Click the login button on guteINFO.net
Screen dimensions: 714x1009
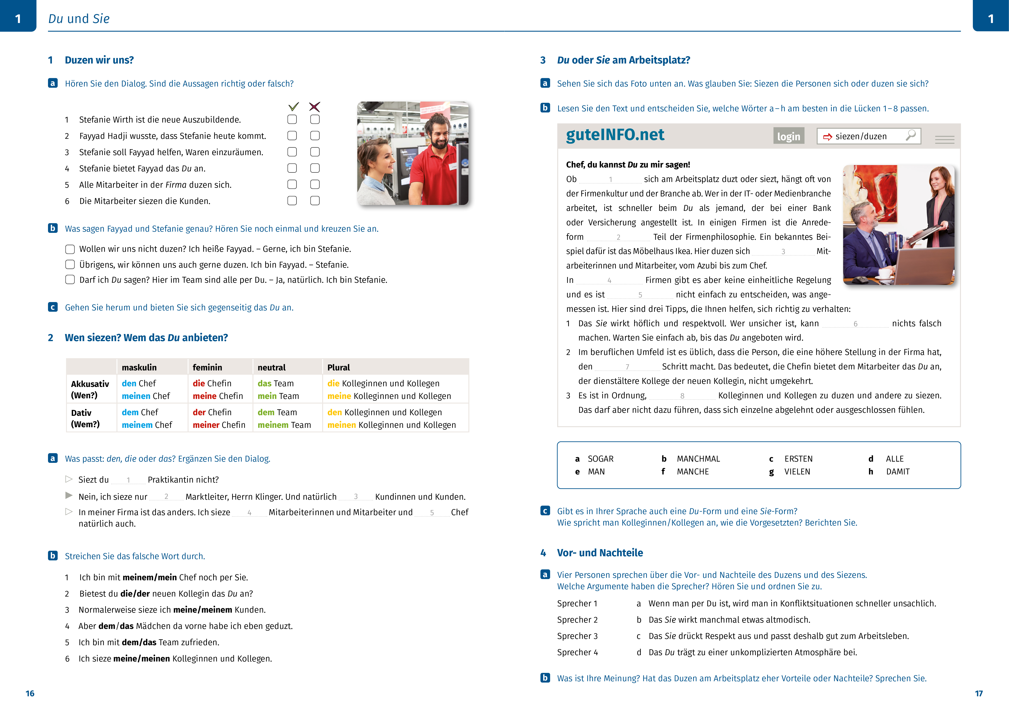(x=788, y=136)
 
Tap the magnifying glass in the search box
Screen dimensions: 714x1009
(x=911, y=135)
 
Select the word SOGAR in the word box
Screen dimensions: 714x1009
(x=600, y=459)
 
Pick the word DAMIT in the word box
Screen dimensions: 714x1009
(x=897, y=471)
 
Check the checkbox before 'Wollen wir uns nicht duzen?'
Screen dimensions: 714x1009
(x=70, y=249)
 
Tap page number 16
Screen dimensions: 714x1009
(x=30, y=693)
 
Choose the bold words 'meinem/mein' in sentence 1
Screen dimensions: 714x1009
(x=149, y=577)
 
